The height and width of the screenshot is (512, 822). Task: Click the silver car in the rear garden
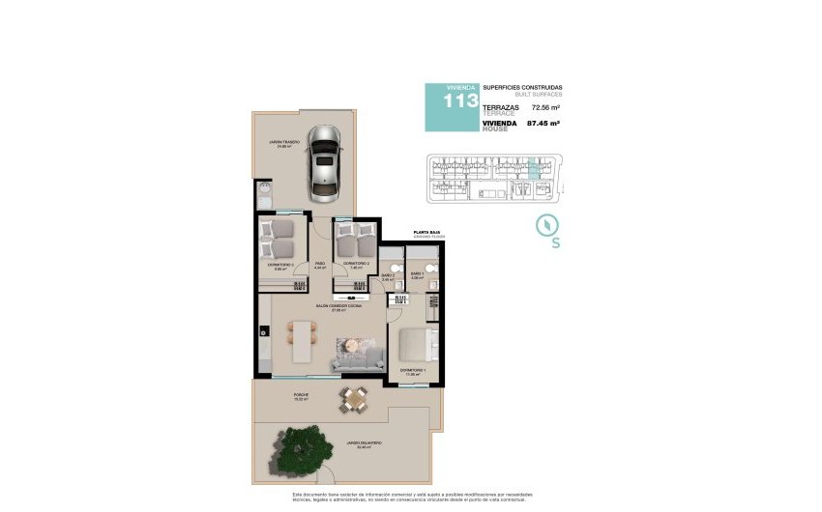click(325, 164)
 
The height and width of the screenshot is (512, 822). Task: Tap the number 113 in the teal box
click(459, 101)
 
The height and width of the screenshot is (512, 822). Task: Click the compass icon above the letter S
click(548, 224)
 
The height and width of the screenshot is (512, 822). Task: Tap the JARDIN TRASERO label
click(284, 144)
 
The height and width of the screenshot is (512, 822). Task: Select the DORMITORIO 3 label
click(280, 266)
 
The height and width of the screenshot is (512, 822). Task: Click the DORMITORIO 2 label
click(356, 264)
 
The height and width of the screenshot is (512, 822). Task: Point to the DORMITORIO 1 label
click(413, 371)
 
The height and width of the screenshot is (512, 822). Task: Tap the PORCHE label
click(302, 395)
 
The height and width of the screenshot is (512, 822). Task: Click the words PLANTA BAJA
click(426, 233)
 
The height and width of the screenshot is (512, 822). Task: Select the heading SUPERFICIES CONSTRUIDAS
click(521, 88)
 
